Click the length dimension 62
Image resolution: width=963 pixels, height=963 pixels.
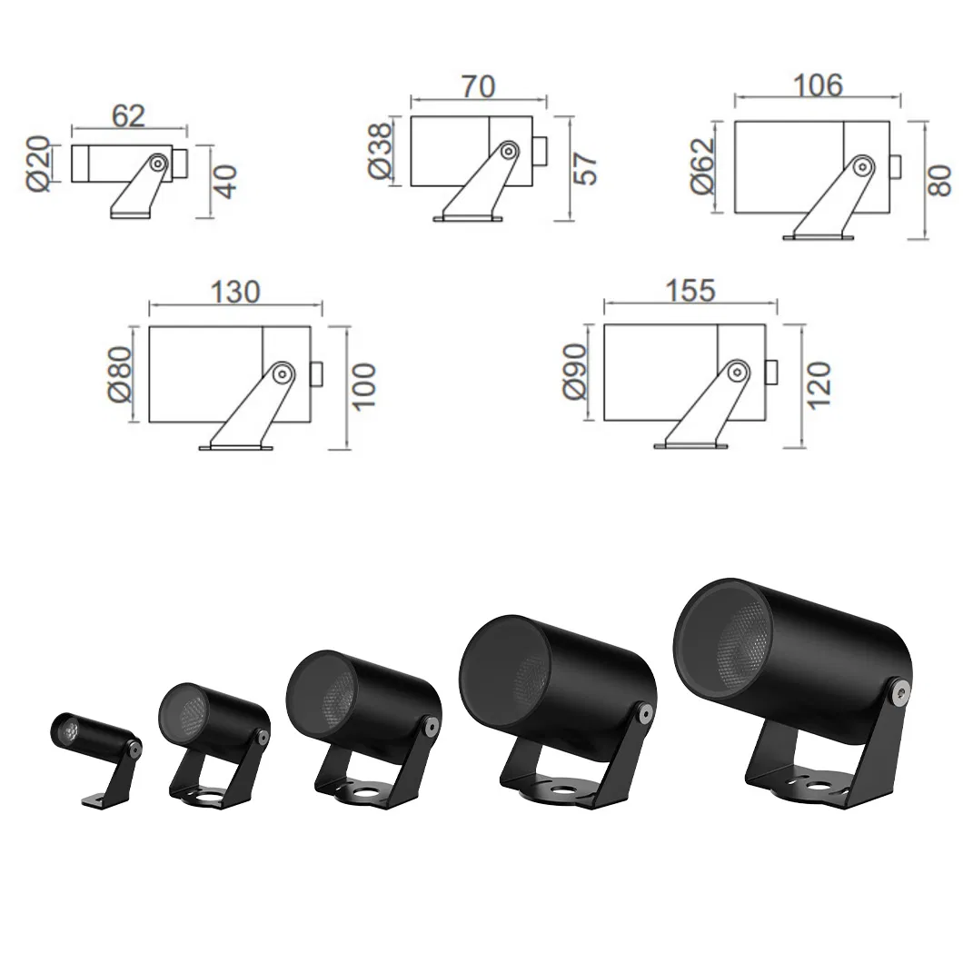(x=128, y=116)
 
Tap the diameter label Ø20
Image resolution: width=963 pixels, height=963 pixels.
(x=39, y=164)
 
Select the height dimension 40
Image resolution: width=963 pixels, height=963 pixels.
(x=226, y=181)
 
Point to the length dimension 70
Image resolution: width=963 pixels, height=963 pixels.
(x=478, y=86)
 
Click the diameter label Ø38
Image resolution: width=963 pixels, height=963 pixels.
(x=379, y=151)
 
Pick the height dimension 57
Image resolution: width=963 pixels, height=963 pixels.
(x=585, y=168)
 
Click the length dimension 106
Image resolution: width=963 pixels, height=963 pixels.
(x=818, y=84)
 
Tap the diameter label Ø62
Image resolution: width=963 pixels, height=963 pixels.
(x=703, y=166)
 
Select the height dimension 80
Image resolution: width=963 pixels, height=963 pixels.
(x=939, y=180)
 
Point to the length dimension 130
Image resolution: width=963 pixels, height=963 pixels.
(x=235, y=291)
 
